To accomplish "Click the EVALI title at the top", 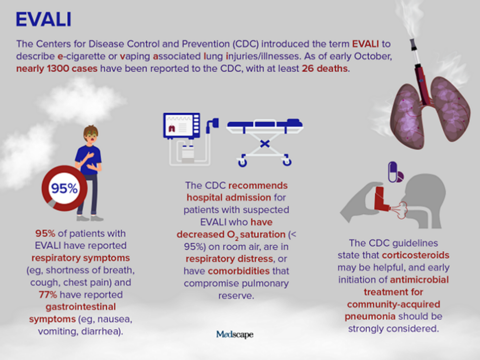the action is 44,19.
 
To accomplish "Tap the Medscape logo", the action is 235,334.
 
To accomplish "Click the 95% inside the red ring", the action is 64,189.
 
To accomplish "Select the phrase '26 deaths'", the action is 325,68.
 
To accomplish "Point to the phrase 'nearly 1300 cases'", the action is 57,69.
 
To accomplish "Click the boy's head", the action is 91,134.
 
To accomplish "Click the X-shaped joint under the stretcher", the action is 265,143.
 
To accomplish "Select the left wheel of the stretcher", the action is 243,161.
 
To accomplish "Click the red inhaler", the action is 381,199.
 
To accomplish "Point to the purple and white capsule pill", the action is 392,171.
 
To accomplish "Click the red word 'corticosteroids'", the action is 416,255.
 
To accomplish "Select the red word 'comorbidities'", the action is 239,271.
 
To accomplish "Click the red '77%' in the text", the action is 48,295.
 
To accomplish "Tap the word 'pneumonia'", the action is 370,316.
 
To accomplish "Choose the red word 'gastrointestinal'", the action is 81,307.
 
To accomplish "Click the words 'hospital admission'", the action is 229,198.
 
